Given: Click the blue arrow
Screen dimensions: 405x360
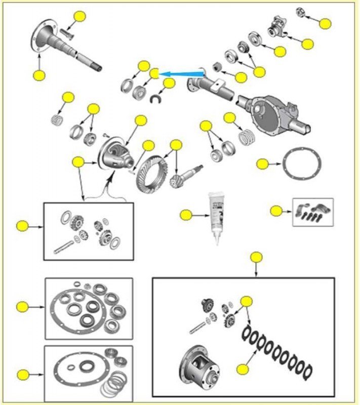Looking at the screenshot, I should coord(182,74).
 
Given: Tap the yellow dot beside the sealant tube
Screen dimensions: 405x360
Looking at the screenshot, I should coord(186,215).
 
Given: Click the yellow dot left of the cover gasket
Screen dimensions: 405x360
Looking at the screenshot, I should coord(262,164).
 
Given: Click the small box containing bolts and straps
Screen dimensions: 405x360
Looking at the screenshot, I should coord(312,212).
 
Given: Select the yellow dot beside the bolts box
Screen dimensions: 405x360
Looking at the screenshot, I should coord(276,211).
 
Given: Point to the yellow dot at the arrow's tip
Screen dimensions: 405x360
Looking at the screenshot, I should coord(154,74).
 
